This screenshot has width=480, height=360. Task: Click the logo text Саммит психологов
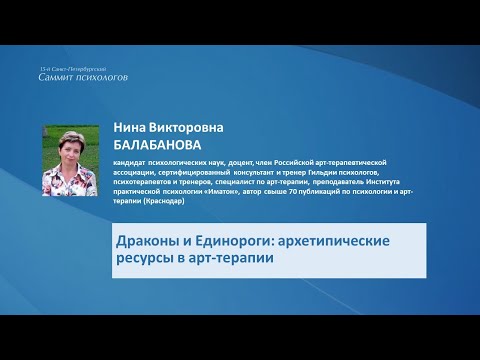83,76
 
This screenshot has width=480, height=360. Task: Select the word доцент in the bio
246,161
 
